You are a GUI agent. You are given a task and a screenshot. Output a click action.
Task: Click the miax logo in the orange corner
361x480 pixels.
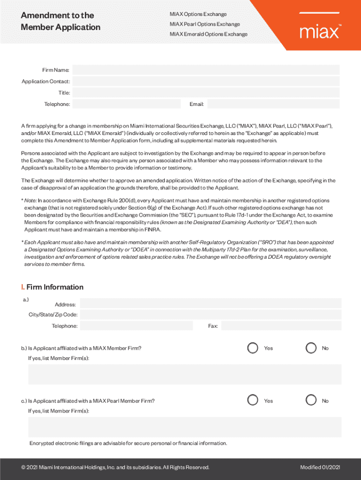click(x=319, y=31)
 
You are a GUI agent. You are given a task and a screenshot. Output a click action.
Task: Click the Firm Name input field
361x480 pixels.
click(x=206, y=70)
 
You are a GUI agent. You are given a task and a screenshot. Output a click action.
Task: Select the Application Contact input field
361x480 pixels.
click(x=206, y=82)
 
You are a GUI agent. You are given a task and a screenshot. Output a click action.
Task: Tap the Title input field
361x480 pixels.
click(x=206, y=93)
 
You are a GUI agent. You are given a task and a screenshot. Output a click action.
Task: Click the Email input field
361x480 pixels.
click(x=273, y=104)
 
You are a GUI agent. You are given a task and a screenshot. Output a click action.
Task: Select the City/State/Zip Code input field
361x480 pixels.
click(x=211, y=315)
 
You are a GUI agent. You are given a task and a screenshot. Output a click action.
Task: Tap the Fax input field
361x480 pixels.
click(x=281, y=326)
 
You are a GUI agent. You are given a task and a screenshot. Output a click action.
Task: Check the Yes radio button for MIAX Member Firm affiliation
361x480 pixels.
click(x=253, y=348)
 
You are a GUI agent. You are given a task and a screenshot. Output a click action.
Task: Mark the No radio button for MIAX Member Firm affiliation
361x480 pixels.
click(x=311, y=348)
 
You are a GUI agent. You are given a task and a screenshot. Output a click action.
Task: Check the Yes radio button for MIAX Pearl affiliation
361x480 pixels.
click(x=253, y=400)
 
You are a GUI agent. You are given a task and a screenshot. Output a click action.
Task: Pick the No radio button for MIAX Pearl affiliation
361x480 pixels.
click(x=311, y=400)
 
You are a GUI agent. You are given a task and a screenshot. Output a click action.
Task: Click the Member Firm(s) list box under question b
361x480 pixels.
click(x=185, y=375)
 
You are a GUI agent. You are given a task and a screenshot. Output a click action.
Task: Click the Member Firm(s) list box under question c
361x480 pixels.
click(x=185, y=427)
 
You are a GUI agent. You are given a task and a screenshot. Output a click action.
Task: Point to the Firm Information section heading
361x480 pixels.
click(x=52, y=287)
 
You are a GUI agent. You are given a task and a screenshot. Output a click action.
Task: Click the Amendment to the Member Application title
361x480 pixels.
click(x=60, y=22)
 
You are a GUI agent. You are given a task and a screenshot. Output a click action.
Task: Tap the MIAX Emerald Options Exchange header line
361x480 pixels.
click(x=208, y=34)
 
